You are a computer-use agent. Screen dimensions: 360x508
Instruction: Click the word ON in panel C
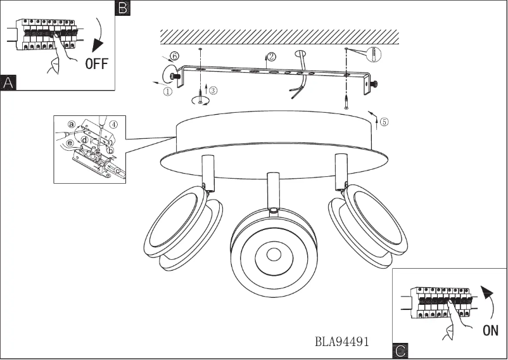click(x=490, y=330)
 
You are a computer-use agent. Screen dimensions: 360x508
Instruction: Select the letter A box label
click(x=8, y=82)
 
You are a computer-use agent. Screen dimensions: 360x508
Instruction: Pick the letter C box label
click(x=400, y=350)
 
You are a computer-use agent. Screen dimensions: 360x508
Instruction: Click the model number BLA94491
click(x=342, y=342)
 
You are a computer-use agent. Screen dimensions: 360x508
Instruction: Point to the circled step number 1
click(x=168, y=91)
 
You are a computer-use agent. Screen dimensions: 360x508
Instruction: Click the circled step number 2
click(x=272, y=57)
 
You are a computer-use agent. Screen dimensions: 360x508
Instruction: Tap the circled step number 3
click(x=213, y=91)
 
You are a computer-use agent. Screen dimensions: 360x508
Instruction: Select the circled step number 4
click(x=113, y=124)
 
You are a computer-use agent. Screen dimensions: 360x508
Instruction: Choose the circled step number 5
click(x=384, y=123)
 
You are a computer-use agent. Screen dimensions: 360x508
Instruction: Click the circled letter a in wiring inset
click(x=72, y=124)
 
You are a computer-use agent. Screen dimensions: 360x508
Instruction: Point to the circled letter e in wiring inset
click(x=70, y=143)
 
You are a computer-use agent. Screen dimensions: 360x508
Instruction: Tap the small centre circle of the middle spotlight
click(x=273, y=255)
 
